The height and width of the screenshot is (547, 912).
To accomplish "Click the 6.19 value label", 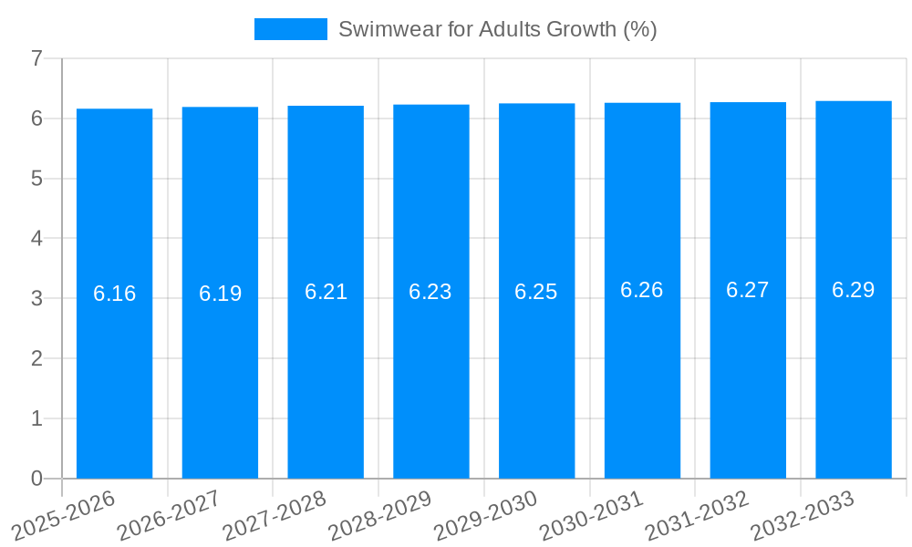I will coord(220,294).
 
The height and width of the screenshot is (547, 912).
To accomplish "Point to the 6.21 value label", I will coord(326,292).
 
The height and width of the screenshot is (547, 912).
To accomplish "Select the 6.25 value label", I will coord(536,292).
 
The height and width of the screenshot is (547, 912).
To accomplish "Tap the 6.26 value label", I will coord(642,290).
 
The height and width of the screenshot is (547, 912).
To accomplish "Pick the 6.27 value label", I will coord(748,290).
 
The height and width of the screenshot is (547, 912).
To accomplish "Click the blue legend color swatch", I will coord(290,29).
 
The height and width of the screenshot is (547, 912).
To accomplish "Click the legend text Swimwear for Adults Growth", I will coord(497,29).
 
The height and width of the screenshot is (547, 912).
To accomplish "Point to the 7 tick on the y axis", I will coord(36,59).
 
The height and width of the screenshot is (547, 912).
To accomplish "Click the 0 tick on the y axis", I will coord(36,479).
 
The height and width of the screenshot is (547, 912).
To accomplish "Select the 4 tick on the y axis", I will coord(36,239).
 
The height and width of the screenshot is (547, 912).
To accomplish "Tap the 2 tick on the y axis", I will coord(36,359).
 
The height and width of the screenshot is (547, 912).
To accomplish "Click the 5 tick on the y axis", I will coord(36,179).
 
